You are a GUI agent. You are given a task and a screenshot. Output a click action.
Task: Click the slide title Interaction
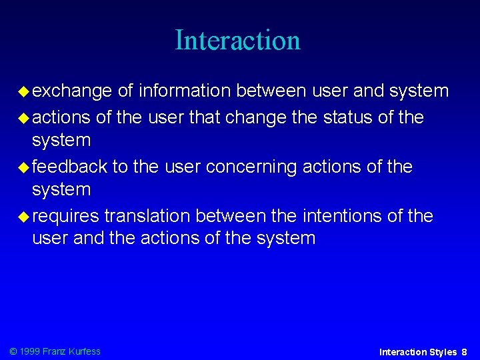(x=237, y=40)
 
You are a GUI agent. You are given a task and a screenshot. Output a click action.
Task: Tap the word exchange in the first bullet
(x=72, y=91)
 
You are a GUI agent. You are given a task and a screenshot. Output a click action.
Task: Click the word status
(x=347, y=117)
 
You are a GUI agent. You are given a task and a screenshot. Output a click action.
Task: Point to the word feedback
(x=69, y=166)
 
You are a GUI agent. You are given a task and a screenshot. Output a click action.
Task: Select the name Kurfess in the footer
(x=85, y=351)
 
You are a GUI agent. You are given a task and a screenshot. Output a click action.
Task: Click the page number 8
(x=464, y=351)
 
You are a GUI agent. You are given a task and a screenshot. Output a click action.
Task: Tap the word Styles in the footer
(x=443, y=351)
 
